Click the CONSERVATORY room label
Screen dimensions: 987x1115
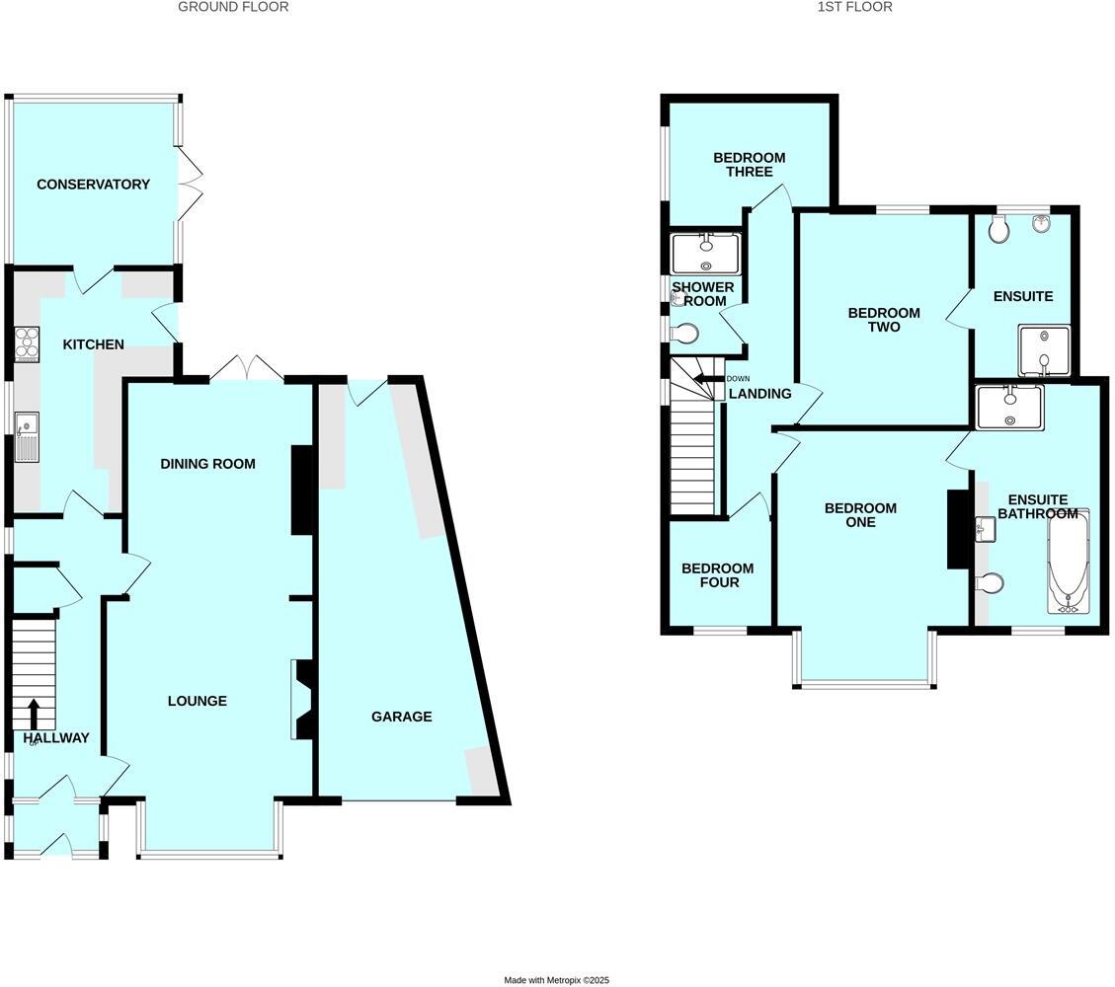point(93,185)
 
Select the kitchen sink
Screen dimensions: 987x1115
point(26,437)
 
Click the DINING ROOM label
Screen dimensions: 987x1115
point(207,464)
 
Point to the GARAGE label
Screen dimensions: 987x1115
point(401,717)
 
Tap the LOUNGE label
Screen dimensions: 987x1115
point(197,702)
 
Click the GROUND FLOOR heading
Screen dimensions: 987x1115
point(233,7)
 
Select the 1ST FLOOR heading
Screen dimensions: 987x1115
point(854,7)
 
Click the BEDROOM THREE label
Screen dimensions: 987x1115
point(749,165)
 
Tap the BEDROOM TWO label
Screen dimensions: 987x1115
point(884,320)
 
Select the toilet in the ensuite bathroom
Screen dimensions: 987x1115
point(990,583)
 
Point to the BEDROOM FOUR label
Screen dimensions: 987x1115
point(717,575)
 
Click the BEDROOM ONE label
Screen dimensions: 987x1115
point(860,515)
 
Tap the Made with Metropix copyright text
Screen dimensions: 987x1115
point(557,980)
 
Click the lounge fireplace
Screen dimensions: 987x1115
point(302,700)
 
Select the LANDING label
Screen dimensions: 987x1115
point(759,394)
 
